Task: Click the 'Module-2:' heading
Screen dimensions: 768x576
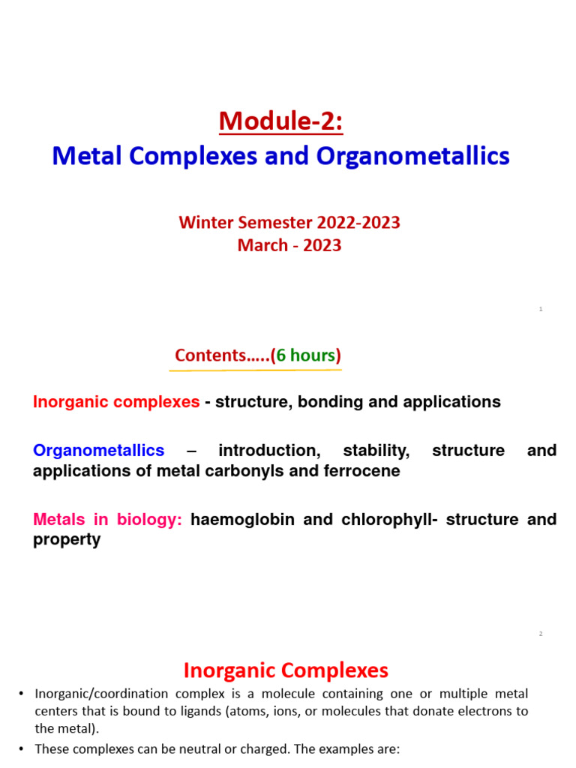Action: [x=280, y=121]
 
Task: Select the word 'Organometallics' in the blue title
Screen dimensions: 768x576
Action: [x=412, y=156]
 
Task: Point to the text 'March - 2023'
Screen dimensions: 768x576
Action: [x=289, y=245]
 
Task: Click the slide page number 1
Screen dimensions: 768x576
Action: [x=540, y=309]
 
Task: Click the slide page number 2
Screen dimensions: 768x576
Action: [x=540, y=634]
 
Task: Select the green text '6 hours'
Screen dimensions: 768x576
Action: [x=306, y=355]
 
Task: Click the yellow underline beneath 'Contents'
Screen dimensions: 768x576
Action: [x=255, y=369]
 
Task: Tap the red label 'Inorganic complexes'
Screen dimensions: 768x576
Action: [x=116, y=402]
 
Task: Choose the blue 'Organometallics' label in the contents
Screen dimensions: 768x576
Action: [x=98, y=451]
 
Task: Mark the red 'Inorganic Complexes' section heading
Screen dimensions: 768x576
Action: [x=286, y=670]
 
